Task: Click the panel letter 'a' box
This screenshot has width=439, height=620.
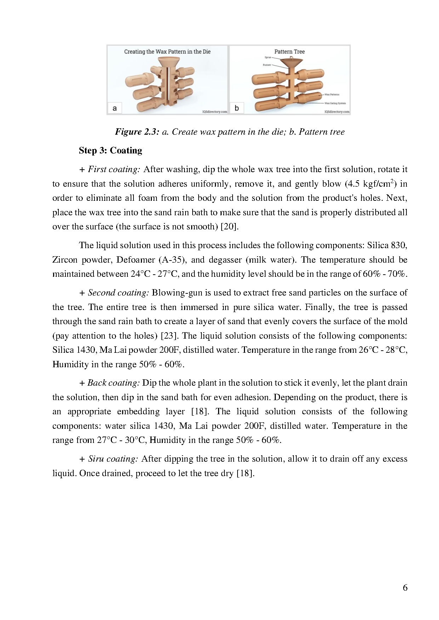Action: point(114,108)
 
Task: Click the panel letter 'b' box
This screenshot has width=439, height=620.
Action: point(237,108)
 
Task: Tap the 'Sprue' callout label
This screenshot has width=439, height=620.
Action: point(268,57)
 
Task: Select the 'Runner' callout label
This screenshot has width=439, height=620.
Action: point(267,65)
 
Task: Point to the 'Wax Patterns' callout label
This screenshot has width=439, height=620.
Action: point(332,94)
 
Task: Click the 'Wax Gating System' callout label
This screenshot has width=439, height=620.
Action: point(335,104)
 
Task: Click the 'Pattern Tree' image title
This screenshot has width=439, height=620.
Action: point(289,52)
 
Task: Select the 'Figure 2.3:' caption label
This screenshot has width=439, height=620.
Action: point(137,132)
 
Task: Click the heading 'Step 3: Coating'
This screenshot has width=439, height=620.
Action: point(110,151)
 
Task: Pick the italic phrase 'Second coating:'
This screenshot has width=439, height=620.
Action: point(118,293)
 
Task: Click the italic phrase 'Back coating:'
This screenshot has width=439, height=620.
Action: point(114,383)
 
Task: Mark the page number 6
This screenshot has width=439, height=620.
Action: point(405,587)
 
